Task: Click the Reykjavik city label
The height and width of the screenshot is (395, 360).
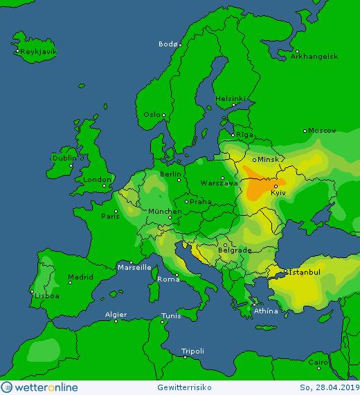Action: [x=38, y=52]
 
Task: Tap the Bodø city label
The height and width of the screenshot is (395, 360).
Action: [x=168, y=44]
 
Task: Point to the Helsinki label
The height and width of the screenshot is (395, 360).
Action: [x=230, y=98]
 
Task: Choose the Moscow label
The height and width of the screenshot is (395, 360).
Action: [x=322, y=130]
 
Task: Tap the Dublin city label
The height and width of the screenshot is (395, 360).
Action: [x=64, y=158]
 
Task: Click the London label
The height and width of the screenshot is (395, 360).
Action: [x=93, y=180]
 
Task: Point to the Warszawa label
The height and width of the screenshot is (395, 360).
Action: [x=218, y=184]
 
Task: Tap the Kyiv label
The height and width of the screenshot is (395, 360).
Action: [x=279, y=192]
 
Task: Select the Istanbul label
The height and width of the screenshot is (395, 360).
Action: [x=304, y=272]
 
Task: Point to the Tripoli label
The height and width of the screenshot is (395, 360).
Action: [x=192, y=351]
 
